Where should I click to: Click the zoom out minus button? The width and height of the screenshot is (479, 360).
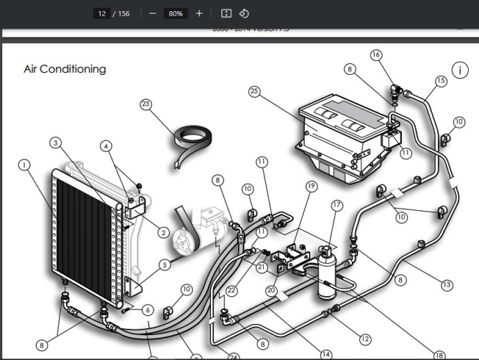[x=153, y=13]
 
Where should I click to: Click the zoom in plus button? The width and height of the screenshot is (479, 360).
[x=199, y=13]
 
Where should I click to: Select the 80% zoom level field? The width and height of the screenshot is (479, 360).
[x=176, y=13]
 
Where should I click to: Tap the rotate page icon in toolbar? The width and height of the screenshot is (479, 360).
[x=244, y=13]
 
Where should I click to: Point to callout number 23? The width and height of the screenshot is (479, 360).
[x=146, y=105]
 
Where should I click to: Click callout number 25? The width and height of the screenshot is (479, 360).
[x=254, y=92]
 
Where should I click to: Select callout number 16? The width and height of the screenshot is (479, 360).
[x=376, y=54]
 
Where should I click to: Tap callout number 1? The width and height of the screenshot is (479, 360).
[x=25, y=165]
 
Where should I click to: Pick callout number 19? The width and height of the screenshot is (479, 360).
[x=310, y=186]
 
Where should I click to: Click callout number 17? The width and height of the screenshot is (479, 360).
[x=337, y=205]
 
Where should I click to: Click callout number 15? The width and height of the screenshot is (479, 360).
[x=440, y=80]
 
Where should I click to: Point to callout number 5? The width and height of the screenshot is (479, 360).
[x=164, y=264]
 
